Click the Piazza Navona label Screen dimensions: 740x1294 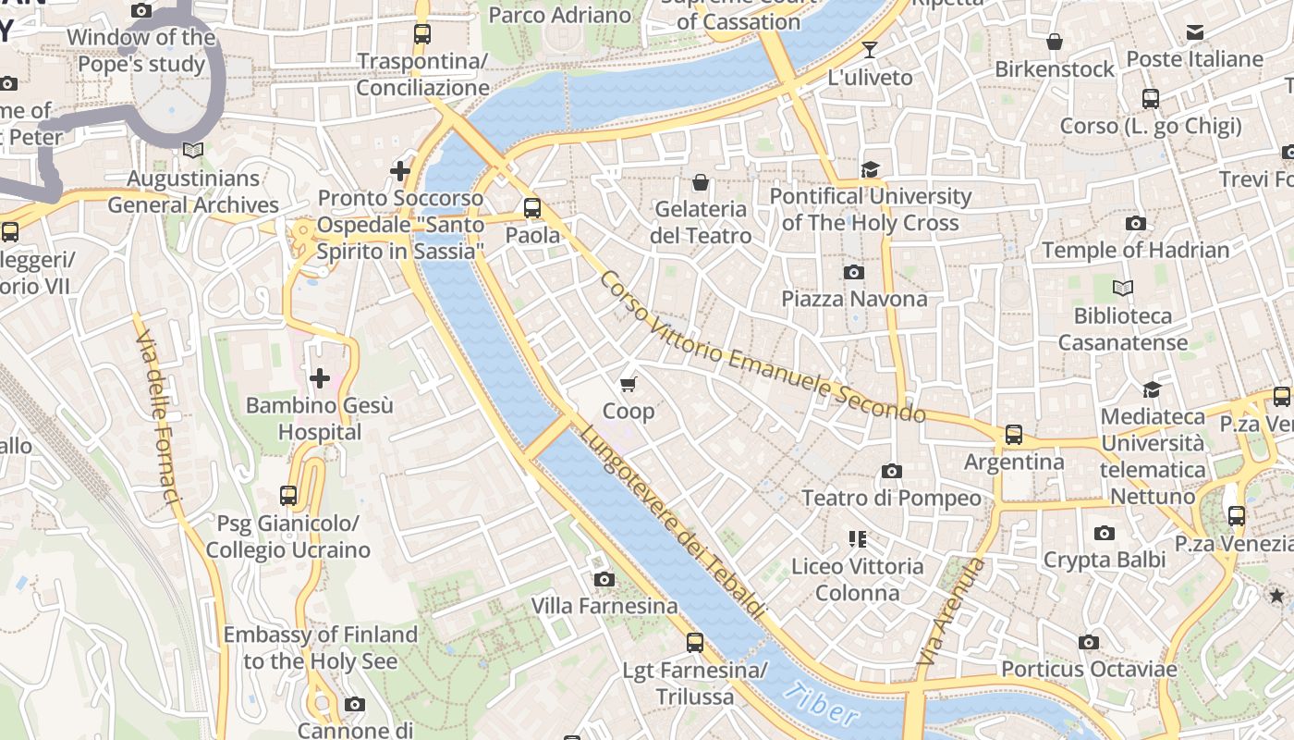point(854,299)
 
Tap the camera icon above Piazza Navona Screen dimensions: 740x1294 point(854,272)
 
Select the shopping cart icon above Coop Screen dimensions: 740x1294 point(629,384)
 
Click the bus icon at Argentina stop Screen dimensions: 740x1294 point(1014,434)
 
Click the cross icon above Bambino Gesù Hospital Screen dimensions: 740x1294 point(320,378)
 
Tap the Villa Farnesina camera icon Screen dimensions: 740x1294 point(604,579)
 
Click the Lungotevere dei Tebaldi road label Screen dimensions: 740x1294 point(672,522)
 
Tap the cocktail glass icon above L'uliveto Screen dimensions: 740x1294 point(870,49)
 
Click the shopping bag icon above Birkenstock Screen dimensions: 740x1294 point(1055,42)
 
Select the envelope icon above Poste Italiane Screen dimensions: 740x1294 point(1195,32)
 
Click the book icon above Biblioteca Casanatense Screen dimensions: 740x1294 point(1123,289)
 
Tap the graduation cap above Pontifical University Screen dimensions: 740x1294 point(870,169)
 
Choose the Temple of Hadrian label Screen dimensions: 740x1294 point(1136,250)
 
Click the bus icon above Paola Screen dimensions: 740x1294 point(532,208)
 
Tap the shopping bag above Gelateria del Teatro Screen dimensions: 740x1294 point(701,182)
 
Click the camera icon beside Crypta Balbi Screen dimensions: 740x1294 point(1104,533)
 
